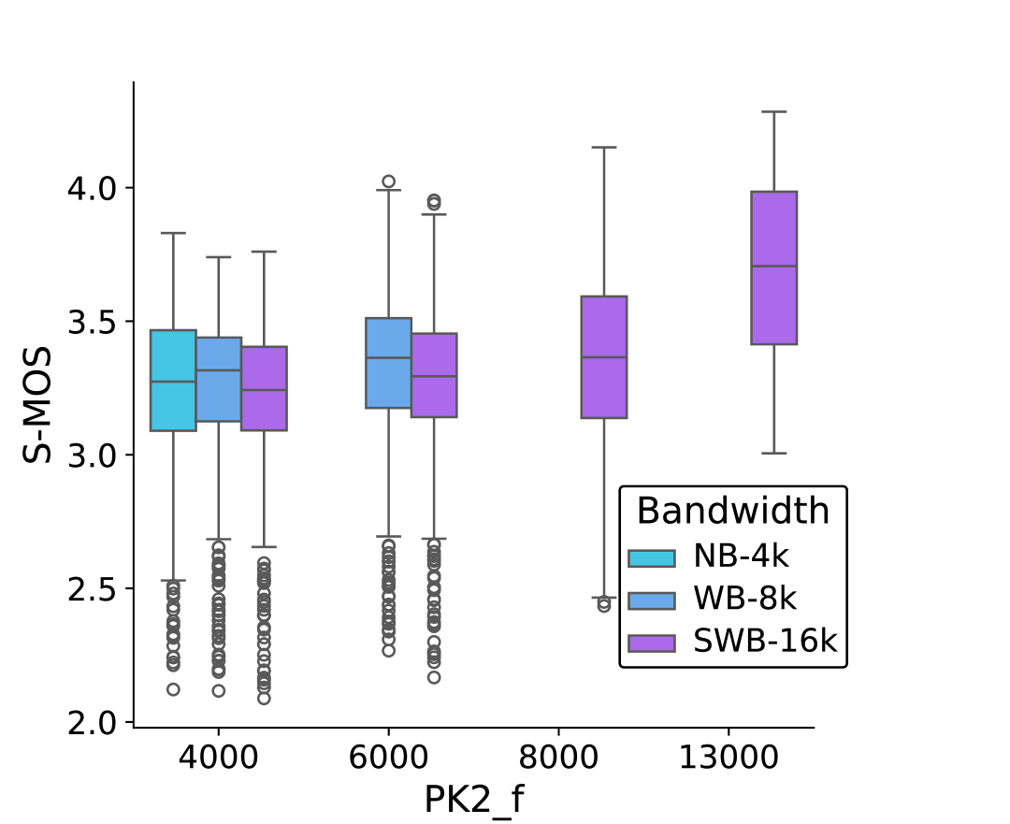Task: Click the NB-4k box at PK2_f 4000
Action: pyautogui.click(x=173, y=380)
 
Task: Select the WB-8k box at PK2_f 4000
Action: pyautogui.click(x=219, y=379)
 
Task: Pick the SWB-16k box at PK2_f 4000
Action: pyautogui.click(x=264, y=388)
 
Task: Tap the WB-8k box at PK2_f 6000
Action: pyautogui.click(x=388, y=363)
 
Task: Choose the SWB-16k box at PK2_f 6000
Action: pyautogui.click(x=434, y=374)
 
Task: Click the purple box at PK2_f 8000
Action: pyautogui.click(x=604, y=356)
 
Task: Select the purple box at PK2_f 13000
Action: pyautogui.click(x=773, y=267)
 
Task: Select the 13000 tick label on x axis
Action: pyautogui.click(x=729, y=757)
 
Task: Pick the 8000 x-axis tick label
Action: pyautogui.click(x=558, y=757)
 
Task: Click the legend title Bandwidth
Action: pyautogui.click(x=732, y=512)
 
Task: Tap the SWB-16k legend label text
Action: pyautogui.click(x=764, y=642)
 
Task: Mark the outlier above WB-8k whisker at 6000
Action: pyautogui.click(x=388, y=181)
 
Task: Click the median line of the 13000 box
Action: pyautogui.click(x=773, y=267)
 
